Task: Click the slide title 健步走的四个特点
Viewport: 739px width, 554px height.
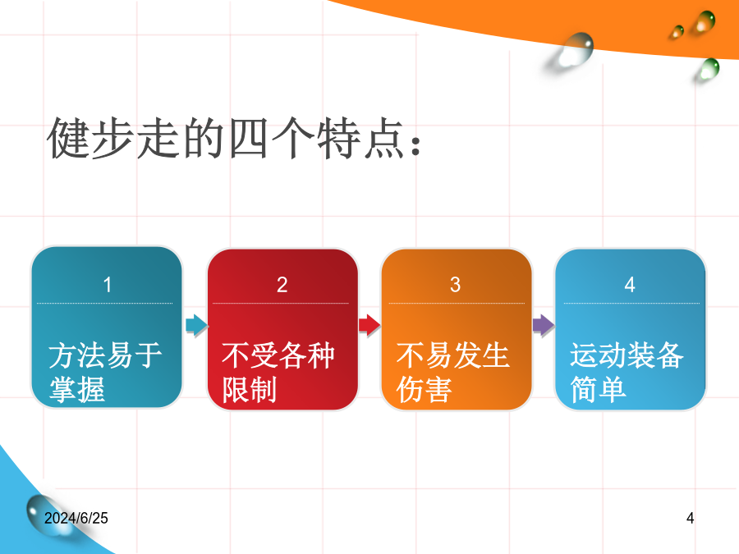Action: coord(234,139)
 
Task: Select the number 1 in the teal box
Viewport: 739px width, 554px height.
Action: coord(108,285)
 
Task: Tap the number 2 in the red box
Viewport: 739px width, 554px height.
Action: coord(282,285)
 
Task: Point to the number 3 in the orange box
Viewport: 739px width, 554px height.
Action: coord(455,285)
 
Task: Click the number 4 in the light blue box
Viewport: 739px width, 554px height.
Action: coord(630,285)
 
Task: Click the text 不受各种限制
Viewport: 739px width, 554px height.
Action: coord(278,372)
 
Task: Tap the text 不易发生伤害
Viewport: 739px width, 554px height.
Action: coord(453,372)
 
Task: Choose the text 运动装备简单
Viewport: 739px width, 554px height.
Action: coord(627,372)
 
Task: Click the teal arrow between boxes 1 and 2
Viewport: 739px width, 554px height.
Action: coord(196,324)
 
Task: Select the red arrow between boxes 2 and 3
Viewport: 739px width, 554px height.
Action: coord(369,324)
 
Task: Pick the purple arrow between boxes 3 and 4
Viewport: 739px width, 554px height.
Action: coord(544,324)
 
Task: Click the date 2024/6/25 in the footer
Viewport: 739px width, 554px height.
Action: coord(76,518)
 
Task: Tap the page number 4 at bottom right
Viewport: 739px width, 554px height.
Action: coord(690,518)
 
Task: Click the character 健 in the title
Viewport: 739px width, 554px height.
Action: coord(67,139)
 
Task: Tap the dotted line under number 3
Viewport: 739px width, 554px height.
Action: coord(457,304)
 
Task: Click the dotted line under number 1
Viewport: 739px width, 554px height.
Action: coord(104,304)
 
